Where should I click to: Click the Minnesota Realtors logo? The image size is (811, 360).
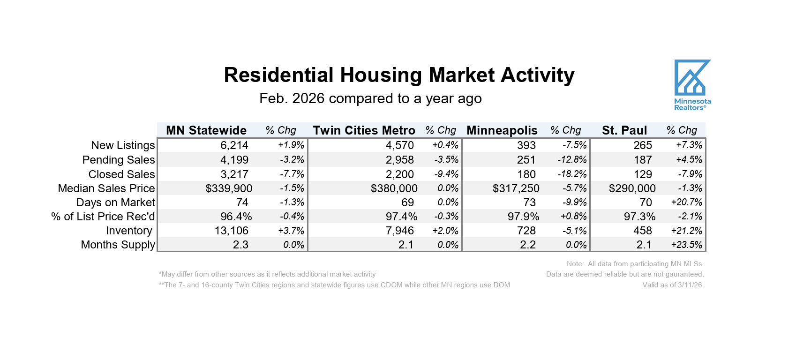[x=692, y=85]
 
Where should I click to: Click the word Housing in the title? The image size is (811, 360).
[x=381, y=75]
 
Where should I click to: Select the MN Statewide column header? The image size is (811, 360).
[x=206, y=130]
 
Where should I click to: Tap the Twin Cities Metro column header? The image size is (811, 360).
[x=364, y=130]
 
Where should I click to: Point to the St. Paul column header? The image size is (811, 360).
[x=624, y=130]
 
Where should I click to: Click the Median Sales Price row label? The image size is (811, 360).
[x=106, y=188]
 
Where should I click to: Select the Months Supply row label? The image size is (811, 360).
[x=118, y=245]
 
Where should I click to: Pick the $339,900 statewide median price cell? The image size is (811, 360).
[x=229, y=188]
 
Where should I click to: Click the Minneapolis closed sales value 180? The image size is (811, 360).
[x=526, y=174]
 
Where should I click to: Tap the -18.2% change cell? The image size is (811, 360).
[x=572, y=174]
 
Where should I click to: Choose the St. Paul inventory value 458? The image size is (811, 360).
[x=642, y=231]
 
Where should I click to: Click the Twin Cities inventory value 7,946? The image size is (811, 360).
[x=399, y=231]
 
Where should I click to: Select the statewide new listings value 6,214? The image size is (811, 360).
[x=234, y=145]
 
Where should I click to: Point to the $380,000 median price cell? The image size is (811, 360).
[x=394, y=188]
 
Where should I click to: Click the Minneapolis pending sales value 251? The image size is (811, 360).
[x=526, y=160]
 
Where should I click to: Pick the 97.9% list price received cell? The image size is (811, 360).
[x=523, y=217]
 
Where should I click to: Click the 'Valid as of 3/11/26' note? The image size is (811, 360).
[x=673, y=285]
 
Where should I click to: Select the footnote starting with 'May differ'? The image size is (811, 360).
[x=267, y=274]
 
